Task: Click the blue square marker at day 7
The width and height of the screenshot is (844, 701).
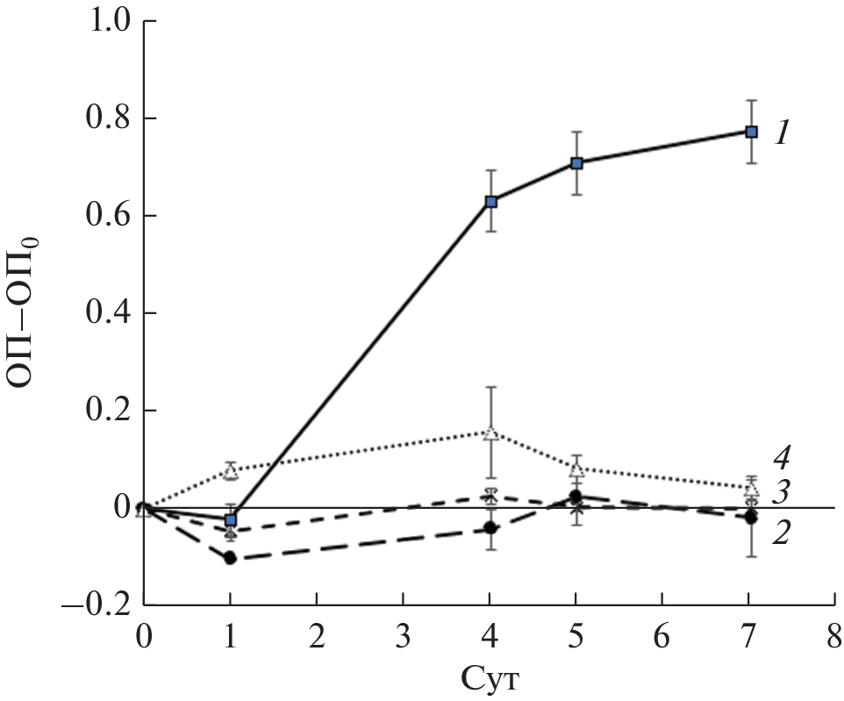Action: coord(751,132)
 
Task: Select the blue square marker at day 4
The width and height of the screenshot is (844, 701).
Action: coord(492,201)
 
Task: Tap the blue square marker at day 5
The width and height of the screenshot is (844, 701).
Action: coord(577,163)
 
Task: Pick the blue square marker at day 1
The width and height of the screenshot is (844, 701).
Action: coord(231,520)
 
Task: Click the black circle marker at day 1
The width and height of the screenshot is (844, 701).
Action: coord(231,558)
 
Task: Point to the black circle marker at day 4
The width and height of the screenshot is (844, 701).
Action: coord(491,528)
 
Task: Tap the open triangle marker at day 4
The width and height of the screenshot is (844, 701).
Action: coord(491,433)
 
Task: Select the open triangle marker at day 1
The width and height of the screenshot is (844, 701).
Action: coord(231,472)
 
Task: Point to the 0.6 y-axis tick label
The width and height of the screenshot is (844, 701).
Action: coord(108,216)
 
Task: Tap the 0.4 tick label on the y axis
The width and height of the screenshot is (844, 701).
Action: coord(108,313)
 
